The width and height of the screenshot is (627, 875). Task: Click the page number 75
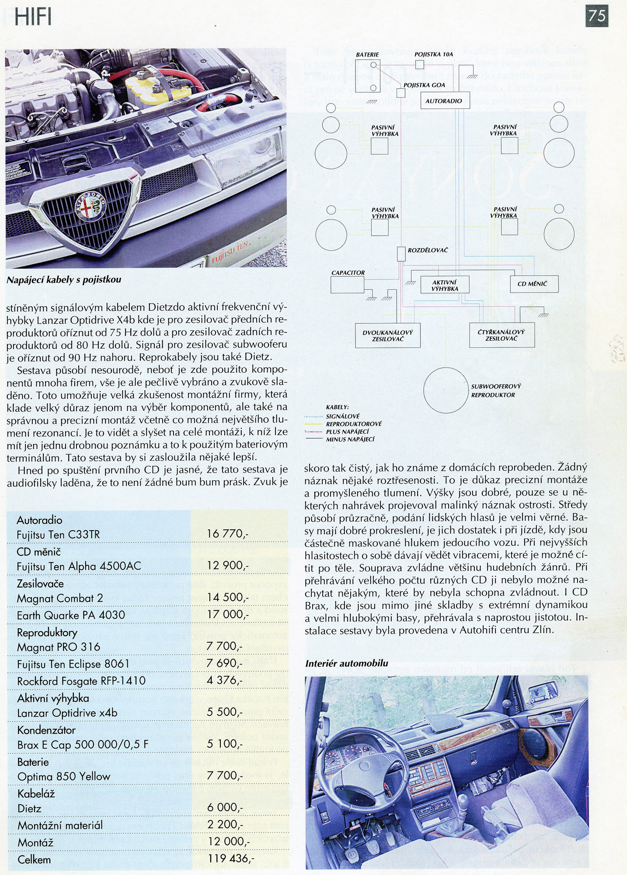596,16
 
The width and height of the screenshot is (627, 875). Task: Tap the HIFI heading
33,17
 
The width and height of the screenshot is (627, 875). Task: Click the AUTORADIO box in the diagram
444,101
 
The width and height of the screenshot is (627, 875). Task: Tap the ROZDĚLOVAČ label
427,250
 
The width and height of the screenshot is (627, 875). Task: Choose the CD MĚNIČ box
534,284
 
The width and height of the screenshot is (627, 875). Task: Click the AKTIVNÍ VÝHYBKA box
444,285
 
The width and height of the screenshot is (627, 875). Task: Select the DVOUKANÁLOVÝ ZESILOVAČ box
388,336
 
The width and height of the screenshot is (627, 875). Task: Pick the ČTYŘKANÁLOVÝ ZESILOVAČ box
502,335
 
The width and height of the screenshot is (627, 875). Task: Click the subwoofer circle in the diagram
446,390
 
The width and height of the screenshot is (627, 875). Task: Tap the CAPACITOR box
347,285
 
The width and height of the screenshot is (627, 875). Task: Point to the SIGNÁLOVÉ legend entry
343,416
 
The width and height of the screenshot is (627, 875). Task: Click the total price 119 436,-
230,858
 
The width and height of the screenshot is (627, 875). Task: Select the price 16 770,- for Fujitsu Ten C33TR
228,534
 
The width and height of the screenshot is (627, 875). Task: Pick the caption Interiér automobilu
347,663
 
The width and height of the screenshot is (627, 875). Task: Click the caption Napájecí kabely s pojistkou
64,280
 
